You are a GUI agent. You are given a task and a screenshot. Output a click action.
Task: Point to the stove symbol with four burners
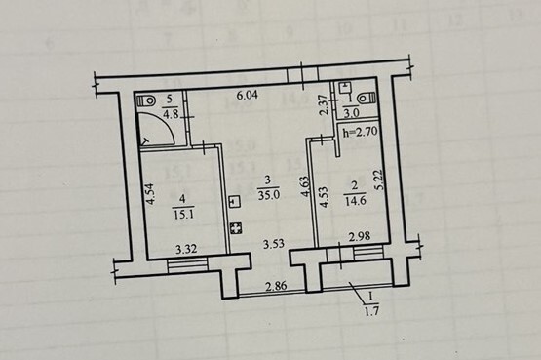(x=235, y=228)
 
